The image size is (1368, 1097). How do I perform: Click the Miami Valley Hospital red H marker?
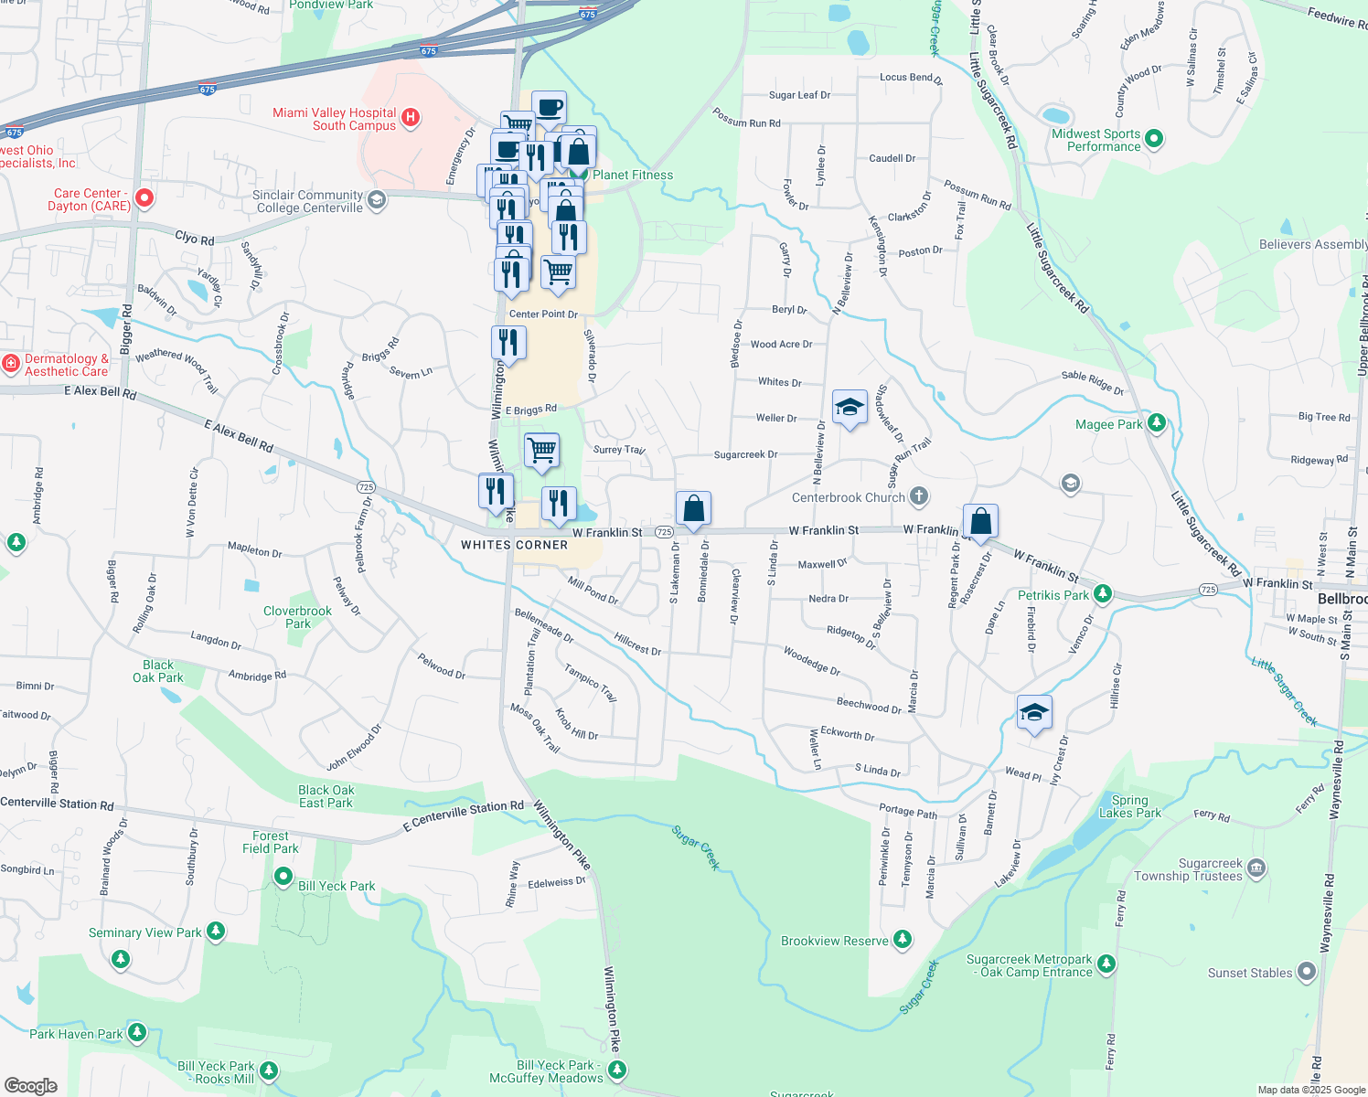[411, 117]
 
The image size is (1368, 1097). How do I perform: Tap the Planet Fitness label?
[632, 175]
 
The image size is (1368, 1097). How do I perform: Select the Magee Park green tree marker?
[1157, 422]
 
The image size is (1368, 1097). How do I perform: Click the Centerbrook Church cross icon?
[919, 496]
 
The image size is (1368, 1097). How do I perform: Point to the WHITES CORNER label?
[514, 545]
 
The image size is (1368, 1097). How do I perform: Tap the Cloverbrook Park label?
[298, 617]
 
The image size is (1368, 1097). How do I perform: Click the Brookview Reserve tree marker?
[903, 940]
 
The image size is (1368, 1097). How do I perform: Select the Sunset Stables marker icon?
[1306, 971]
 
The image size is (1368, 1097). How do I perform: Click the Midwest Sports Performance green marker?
[1154, 139]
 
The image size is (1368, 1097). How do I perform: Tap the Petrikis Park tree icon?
[1103, 594]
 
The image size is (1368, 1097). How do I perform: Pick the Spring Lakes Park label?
[1130, 806]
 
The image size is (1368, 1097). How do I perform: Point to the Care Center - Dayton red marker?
[144, 197]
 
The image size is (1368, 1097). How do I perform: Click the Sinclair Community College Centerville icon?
[376, 200]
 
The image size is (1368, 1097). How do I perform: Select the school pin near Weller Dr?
[850, 408]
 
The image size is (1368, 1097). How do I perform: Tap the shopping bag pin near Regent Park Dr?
[980, 522]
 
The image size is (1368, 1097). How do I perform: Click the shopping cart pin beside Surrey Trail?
[542, 450]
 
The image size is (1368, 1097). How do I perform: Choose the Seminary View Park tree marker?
[216, 931]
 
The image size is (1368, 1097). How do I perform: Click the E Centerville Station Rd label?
[464, 815]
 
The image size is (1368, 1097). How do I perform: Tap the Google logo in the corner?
[30, 1085]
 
